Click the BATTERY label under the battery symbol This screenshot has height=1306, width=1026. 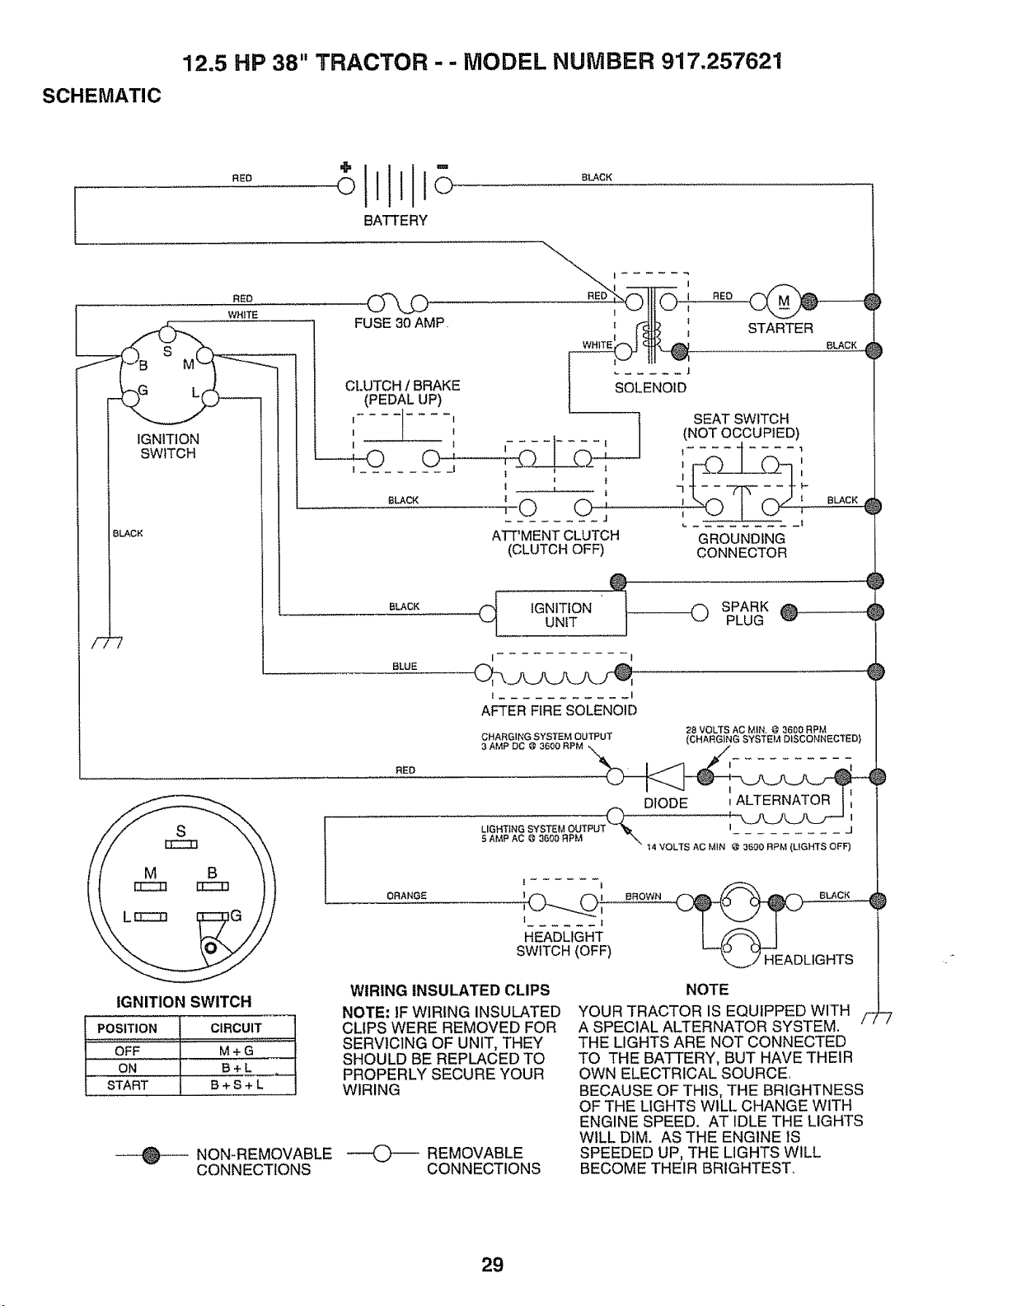[395, 221]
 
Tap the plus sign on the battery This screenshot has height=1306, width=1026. [345, 166]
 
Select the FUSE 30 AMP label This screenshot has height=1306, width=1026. [400, 323]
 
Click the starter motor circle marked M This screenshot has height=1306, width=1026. [784, 301]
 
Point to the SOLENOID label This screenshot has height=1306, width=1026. [650, 387]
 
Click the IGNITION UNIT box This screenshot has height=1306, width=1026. [560, 614]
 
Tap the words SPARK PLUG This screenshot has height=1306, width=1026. [745, 614]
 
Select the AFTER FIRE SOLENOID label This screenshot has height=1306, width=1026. [559, 710]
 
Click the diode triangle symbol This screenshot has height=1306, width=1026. [666, 776]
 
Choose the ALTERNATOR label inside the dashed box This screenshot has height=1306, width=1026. [783, 800]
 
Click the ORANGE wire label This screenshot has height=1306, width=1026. [406, 896]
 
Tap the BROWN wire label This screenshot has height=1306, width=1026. [643, 896]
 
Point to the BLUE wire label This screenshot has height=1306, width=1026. [405, 666]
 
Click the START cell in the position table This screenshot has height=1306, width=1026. [128, 1085]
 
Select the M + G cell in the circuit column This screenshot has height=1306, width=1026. [237, 1051]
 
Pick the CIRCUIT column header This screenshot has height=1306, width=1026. [237, 1027]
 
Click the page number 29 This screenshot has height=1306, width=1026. [492, 1265]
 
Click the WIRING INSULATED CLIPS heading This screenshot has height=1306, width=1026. [450, 990]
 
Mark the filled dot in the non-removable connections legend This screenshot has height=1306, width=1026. [152, 1154]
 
